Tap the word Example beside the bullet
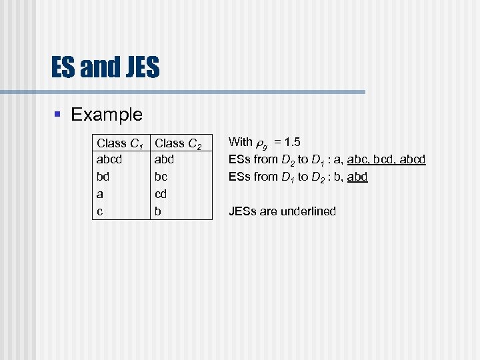pos(107,114)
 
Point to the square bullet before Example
pos(58,115)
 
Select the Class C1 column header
pos(121,143)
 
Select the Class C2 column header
pos(178,143)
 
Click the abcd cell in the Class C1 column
pos(109,159)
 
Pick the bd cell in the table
pos(103,177)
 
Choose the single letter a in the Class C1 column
pos(100,194)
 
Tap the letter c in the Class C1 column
pos(100,211)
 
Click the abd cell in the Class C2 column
pos(164,159)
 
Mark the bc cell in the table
pos(161,177)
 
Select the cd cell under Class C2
pos(161,194)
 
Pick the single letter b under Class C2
pos(158,211)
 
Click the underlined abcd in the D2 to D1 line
pos(413,159)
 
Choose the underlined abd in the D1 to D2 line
pos(357,177)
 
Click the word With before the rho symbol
pos(240,141)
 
